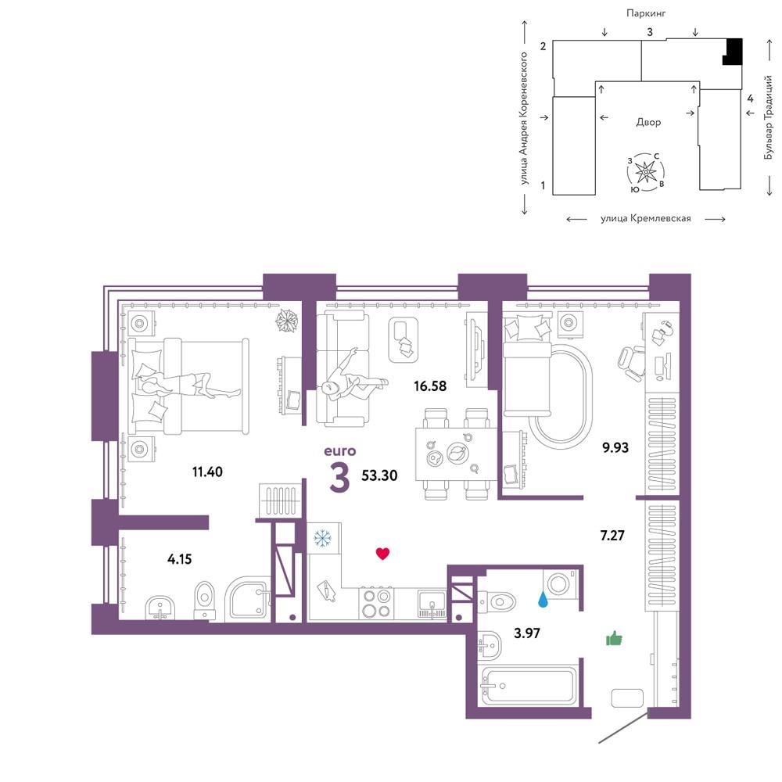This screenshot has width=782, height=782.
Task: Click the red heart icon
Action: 382,553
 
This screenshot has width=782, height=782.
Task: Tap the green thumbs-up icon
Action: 614,638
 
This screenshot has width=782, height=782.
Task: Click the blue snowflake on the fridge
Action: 322,538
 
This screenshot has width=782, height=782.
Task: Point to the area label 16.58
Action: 430,386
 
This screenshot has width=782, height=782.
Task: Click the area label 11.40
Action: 207,472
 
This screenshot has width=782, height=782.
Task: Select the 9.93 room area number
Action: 615,447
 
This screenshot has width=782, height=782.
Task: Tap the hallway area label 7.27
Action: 612,536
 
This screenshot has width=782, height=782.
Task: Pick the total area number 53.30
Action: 379,475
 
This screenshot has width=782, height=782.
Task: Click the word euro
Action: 340,451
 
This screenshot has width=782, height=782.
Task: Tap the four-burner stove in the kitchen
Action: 376,603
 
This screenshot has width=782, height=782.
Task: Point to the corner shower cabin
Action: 248,598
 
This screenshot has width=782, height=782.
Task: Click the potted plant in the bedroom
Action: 288,320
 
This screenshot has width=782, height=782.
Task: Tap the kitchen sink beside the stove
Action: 432,604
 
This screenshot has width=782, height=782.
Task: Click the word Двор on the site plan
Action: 648,122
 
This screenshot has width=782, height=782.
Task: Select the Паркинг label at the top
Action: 646,13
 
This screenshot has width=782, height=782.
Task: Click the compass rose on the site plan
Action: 646,173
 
